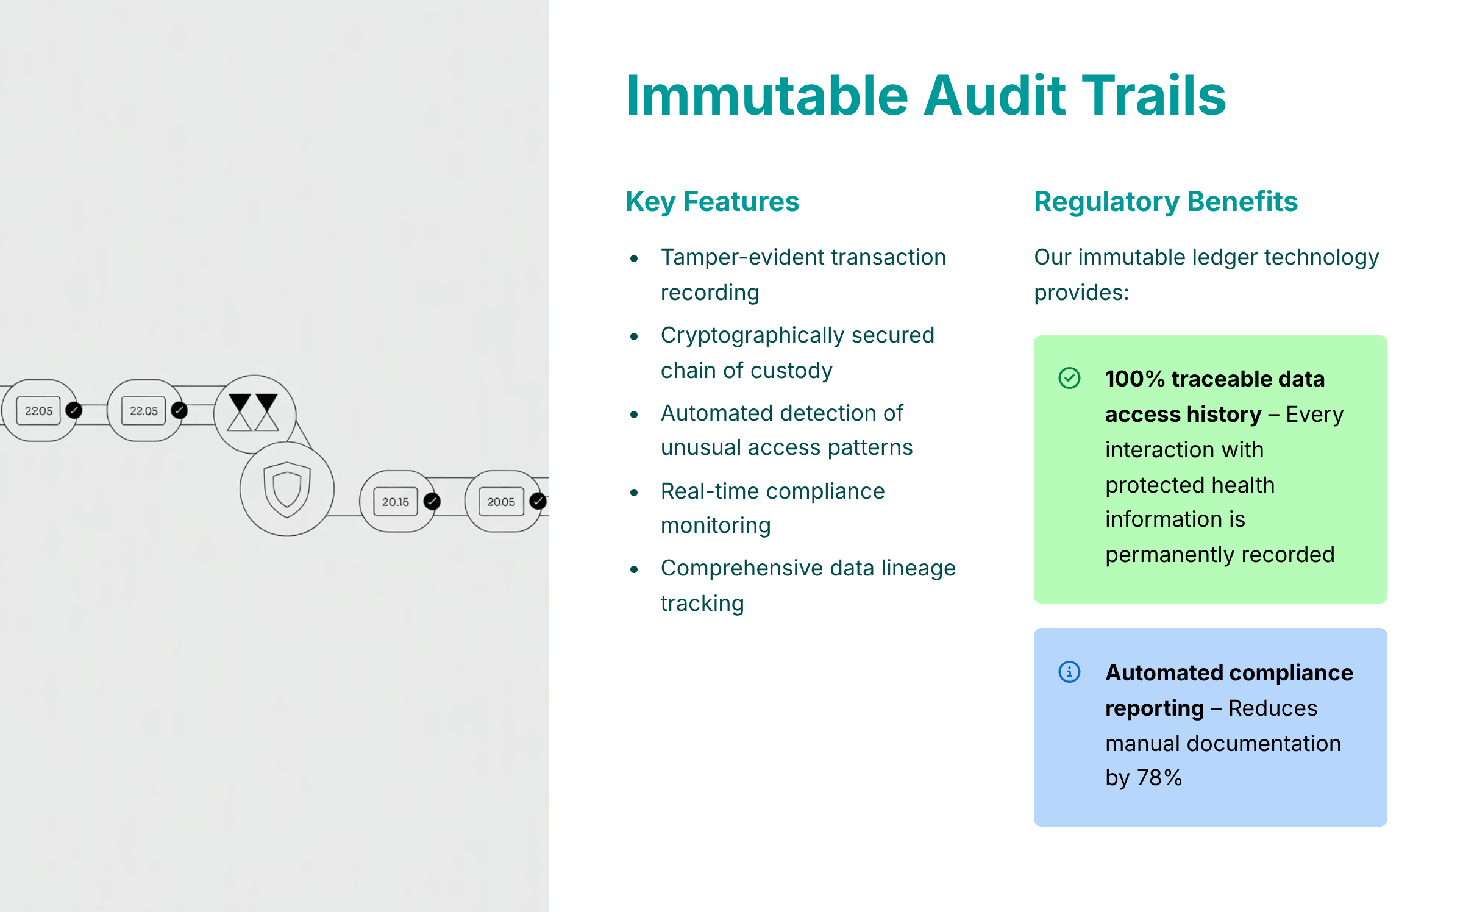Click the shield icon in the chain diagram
pos(287,489)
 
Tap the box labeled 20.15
pos(396,502)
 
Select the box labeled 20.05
pos(501,502)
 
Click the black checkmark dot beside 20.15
pos(432,501)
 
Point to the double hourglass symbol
pos(254,412)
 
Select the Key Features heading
pos(713,202)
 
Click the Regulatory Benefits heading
pos(1166,202)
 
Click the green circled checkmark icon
pos(1069,378)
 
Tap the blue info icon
pos(1069,672)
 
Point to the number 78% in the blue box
pos(1159,778)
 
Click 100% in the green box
pos(1135,379)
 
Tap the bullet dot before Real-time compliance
pos(634,492)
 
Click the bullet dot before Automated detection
pos(634,415)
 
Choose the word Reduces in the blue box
pos(1273,708)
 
